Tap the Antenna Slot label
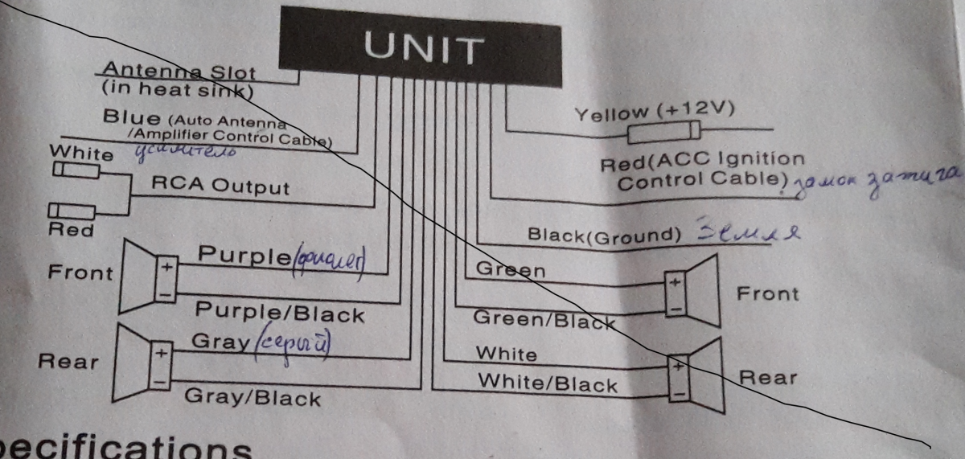point(178,72)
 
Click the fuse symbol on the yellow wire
point(663,132)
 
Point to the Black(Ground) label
point(604,235)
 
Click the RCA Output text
point(220,186)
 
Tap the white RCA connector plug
point(76,170)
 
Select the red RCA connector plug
point(72,211)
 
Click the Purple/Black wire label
point(280,313)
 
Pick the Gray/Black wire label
point(253,396)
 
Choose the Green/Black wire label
point(544,318)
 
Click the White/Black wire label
point(548,383)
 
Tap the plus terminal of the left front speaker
point(166,266)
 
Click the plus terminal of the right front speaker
point(675,282)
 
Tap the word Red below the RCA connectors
point(72,231)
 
